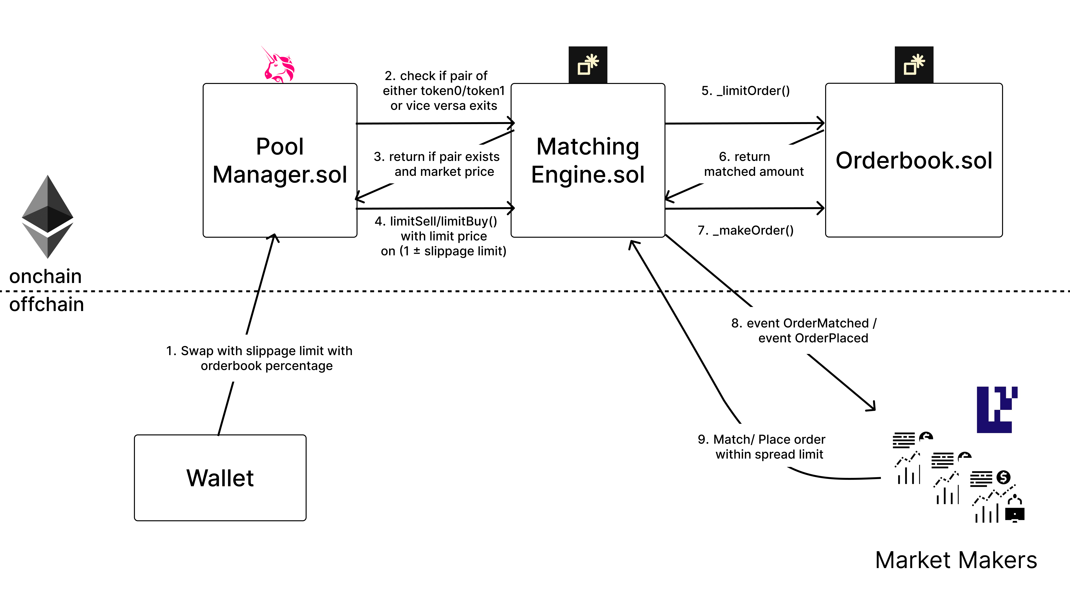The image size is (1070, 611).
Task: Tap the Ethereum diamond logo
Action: coord(47,216)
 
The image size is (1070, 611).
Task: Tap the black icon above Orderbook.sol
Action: coord(914,65)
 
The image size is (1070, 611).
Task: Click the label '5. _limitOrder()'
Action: coord(745,91)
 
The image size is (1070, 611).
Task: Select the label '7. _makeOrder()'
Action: coord(745,230)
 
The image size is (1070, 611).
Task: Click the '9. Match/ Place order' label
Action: coord(761,439)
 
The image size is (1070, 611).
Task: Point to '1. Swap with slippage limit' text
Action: coord(259,351)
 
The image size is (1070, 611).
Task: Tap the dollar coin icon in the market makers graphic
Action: coord(1003,477)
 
